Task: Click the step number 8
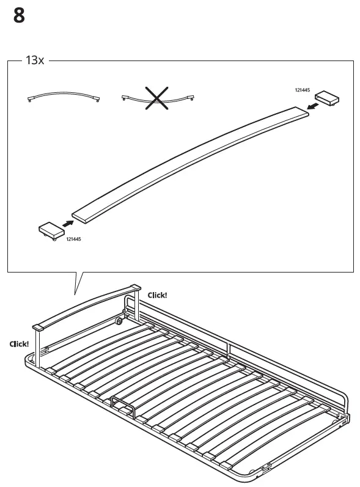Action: point(19,16)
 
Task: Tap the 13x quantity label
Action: point(34,61)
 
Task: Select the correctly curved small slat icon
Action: point(64,97)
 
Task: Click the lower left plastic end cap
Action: point(51,230)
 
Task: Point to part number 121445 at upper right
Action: point(303,90)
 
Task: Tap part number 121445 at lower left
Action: point(73,239)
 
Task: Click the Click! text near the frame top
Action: point(157,295)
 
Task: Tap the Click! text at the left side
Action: point(18,344)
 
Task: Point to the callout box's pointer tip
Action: point(75,296)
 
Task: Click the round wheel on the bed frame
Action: point(117,321)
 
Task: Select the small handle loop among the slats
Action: point(122,406)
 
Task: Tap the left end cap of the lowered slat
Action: point(38,328)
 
